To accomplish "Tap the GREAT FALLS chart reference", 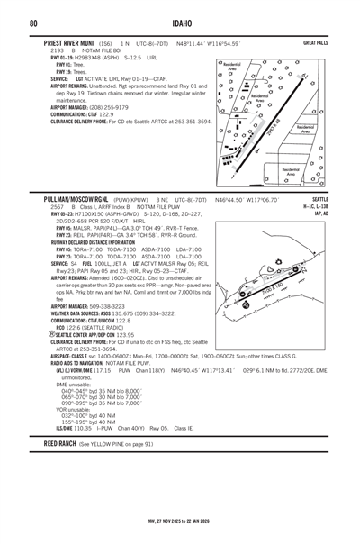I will coord(315,43).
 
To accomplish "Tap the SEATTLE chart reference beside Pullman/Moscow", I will coord(320,198).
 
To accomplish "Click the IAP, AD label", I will coord(319,213).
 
